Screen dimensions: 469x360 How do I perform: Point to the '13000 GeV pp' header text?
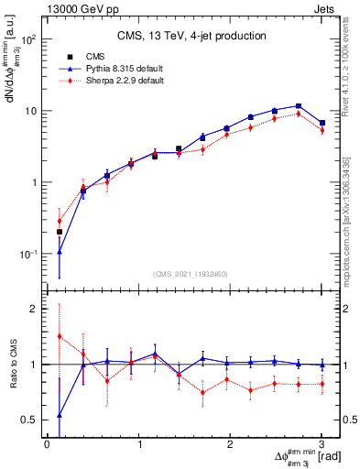(x=80, y=9)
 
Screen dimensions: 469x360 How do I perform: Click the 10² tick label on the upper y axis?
(x=29, y=40)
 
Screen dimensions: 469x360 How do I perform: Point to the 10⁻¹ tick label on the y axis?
(x=28, y=254)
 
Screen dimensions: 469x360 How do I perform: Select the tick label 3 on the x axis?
(x=322, y=444)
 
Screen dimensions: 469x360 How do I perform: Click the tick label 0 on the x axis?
(x=47, y=444)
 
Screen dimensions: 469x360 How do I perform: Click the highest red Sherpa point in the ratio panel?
(x=60, y=336)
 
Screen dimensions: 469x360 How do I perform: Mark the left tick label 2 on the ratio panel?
(x=33, y=309)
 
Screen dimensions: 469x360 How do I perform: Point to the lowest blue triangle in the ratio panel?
(x=60, y=415)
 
